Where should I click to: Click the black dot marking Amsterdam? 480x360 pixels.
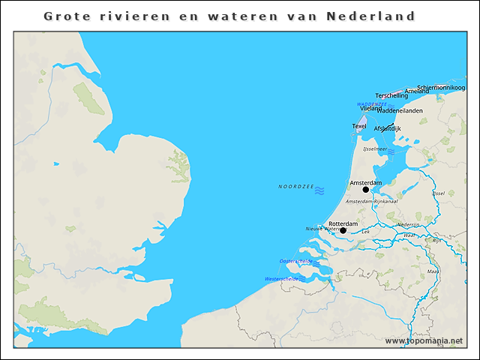point(366,190)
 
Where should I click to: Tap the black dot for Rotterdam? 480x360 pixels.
point(343,230)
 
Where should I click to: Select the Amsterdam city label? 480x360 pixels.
point(366,182)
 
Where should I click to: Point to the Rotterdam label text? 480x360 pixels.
point(343,223)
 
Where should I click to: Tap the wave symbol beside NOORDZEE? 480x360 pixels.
point(319,191)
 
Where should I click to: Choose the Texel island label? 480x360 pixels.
point(359,126)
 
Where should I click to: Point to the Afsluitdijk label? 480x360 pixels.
point(387,129)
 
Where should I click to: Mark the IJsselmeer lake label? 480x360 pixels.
point(373,149)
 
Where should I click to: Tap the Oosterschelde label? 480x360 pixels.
point(295,261)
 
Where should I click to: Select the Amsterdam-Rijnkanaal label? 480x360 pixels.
point(371,202)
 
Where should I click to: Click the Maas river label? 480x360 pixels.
point(433,271)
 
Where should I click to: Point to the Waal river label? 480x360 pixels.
point(409,235)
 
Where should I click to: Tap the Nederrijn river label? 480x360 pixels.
point(408,224)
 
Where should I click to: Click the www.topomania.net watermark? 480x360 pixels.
point(424,340)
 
